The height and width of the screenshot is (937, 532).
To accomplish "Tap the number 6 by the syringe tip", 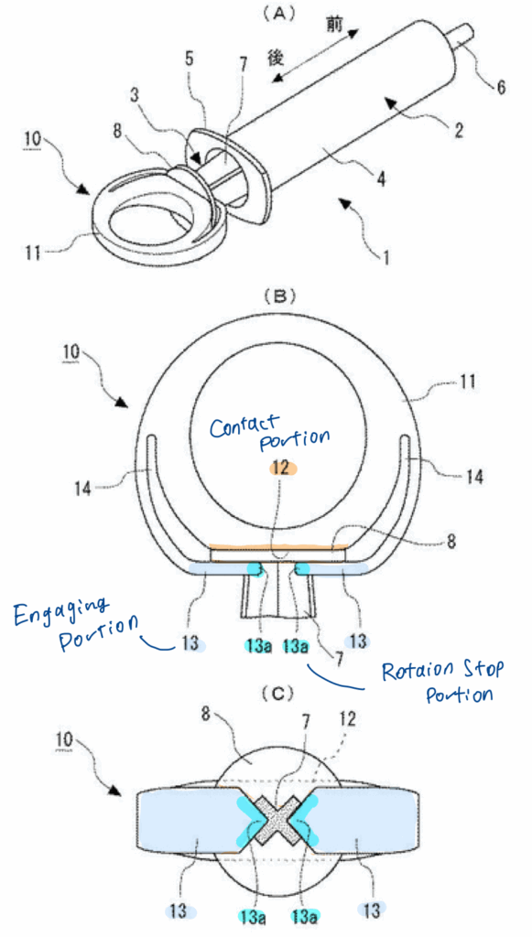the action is [x=500, y=87].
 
